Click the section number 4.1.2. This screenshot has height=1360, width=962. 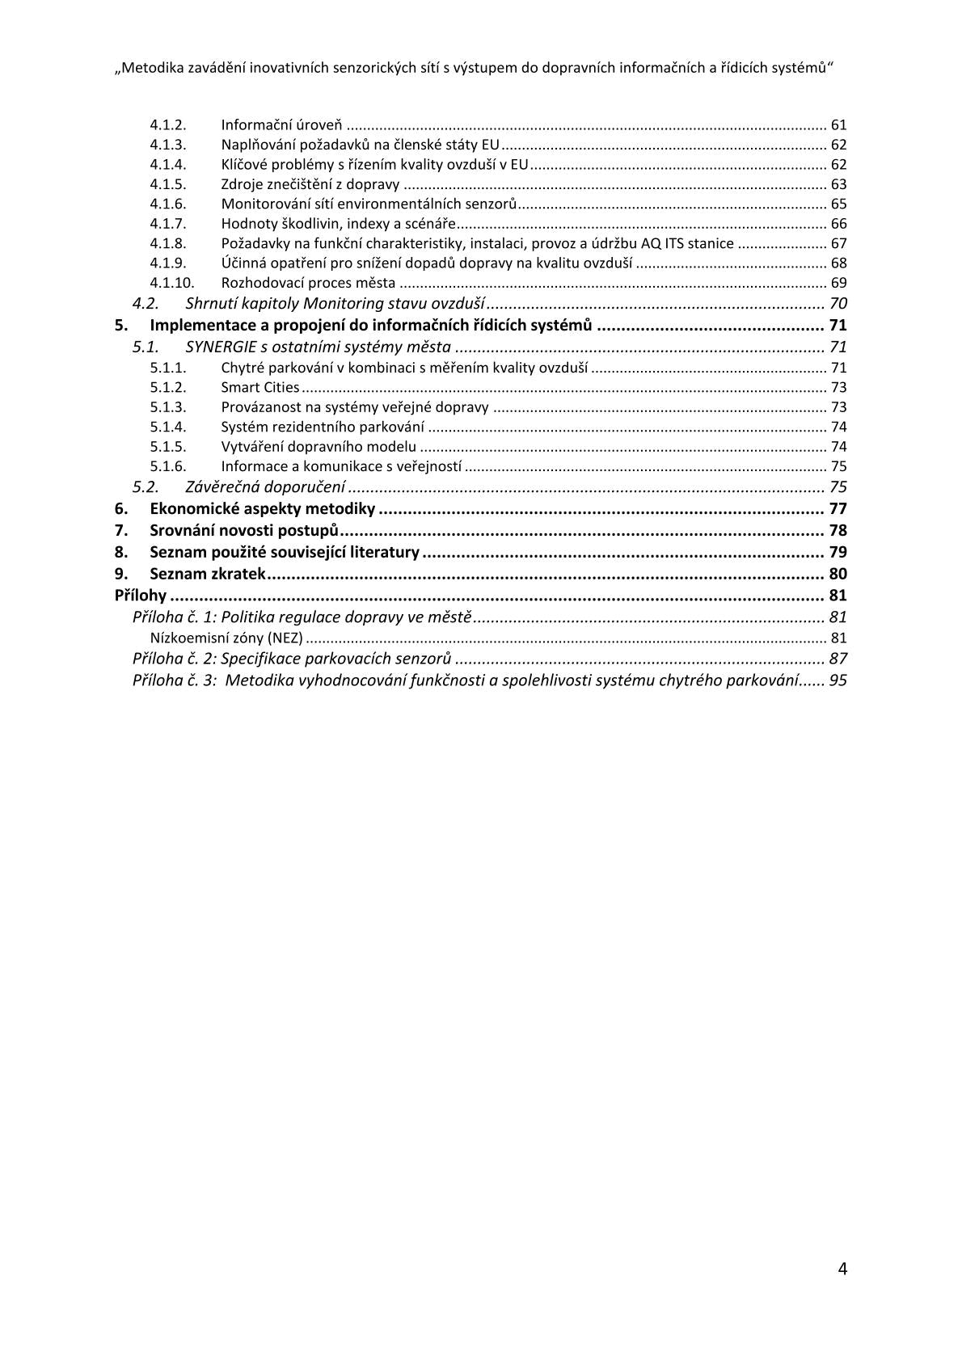pos(168,125)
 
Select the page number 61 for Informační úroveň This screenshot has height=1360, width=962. pos(838,125)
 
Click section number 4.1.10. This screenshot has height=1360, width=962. pos(172,283)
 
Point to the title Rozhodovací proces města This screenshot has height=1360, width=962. pos(308,283)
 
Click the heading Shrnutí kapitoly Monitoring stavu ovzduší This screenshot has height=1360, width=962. pos(335,304)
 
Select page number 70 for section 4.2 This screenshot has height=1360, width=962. pos(838,304)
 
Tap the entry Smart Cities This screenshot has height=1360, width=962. pos(259,388)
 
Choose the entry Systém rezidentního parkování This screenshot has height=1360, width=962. pos(323,427)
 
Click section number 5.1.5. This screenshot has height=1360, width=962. pos(168,447)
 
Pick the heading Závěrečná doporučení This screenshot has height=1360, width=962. pos(265,486)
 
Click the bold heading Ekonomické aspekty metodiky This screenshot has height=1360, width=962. pos(262,509)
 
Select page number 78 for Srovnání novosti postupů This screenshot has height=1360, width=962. pos(838,531)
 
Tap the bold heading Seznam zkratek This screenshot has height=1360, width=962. pos(208,575)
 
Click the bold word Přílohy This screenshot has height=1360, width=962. pos(141,596)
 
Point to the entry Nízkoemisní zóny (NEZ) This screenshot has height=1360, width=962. pos(226,638)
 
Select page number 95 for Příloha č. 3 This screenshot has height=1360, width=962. pos(838,680)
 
